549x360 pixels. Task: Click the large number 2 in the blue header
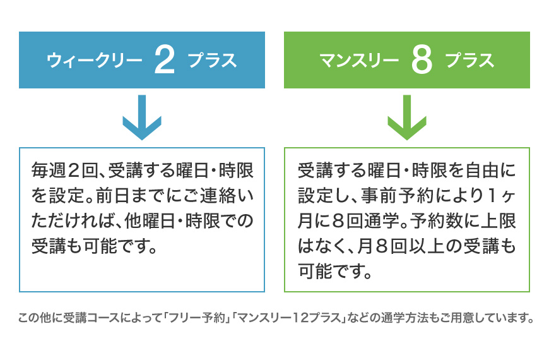click(164, 61)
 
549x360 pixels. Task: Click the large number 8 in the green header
click(422, 61)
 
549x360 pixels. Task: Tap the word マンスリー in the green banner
click(359, 61)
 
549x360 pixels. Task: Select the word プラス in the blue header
click(212, 61)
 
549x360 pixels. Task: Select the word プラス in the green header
click(469, 61)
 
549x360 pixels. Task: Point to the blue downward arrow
click(141, 117)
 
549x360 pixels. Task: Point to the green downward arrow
click(407, 117)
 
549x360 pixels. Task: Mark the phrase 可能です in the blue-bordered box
click(114, 246)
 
